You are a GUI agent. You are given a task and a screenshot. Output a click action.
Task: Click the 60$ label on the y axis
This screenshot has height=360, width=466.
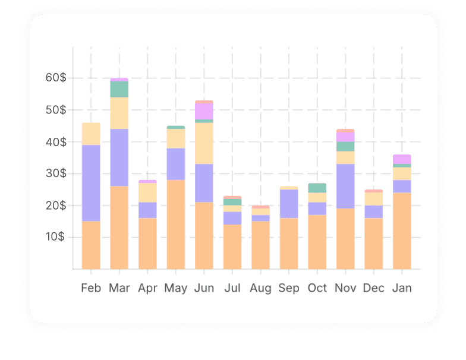(x=55, y=78)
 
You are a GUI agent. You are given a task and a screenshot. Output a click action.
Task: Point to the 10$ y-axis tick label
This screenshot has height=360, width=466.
(x=55, y=237)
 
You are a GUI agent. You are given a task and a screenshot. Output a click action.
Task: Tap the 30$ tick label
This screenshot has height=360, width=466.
(x=55, y=173)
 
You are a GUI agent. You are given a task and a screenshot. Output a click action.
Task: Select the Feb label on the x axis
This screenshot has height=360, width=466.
(x=91, y=288)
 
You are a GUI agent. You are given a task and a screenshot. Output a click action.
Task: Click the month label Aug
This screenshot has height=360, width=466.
(x=260, y=288)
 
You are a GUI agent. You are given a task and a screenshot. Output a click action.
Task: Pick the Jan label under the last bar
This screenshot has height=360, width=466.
(x=402, y=288)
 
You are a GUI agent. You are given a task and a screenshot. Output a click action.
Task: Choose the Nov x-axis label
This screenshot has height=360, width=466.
(x=345, y=288)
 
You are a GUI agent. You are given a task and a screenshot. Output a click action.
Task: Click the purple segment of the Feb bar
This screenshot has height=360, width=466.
(x=91, y=183)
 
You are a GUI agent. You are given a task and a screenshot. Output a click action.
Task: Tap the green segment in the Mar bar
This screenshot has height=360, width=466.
(x=119, y=89)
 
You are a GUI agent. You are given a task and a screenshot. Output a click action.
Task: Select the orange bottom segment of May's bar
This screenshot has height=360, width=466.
(x=176, y=225)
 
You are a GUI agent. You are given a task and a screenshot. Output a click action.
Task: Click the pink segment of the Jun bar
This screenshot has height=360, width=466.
(x=204, y=111)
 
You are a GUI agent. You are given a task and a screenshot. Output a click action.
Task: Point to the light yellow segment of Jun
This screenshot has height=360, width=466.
(x=204, y=143)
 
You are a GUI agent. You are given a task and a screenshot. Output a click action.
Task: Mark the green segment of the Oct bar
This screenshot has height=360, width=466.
(x=317, y=188)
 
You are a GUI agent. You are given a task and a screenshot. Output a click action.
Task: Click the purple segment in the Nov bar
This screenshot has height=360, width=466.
(x=345, y=186)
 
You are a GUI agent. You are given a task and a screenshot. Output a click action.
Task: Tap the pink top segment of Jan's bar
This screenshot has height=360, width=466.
(x=402, y=159)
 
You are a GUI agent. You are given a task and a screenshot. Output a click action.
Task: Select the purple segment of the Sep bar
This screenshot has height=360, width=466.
(x=289, y=204)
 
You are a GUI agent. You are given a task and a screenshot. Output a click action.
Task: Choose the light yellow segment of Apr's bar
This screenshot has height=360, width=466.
(x=147, y=192)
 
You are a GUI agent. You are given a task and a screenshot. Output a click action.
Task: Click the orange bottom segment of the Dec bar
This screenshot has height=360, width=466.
(x=373, y=244)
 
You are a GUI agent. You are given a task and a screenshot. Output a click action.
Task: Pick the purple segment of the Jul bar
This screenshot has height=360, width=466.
(x=232, y=218)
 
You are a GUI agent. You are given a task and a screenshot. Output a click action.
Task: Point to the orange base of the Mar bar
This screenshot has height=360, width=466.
(x=119, y=228)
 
